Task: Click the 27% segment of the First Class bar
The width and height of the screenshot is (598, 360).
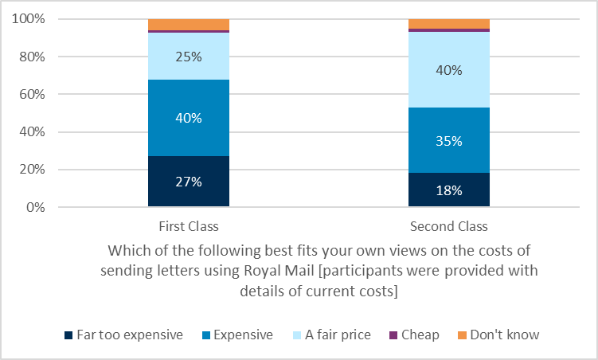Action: [189, 182]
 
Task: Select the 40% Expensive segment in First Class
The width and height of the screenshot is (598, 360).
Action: [189, 118]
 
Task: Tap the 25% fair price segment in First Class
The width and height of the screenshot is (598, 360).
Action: [189, 57]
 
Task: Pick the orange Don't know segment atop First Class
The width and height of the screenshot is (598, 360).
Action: [189, 24]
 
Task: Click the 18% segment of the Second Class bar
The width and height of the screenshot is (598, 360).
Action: [449, 190]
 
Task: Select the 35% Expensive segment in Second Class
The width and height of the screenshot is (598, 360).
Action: [449, 140]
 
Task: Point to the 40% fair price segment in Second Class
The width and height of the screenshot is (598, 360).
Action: [449, 70]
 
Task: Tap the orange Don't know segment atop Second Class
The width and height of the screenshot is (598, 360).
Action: [449, 23]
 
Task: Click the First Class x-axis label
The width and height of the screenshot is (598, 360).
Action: [189, 225]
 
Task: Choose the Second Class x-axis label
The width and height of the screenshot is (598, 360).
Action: [449, 225]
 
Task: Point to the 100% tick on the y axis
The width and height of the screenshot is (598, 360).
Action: [29, 19]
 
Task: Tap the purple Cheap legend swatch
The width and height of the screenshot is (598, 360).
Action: [393, 335]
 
